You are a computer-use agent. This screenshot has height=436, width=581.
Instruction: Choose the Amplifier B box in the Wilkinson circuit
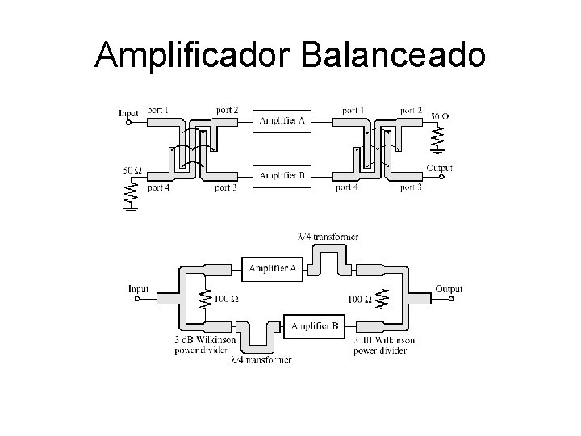coord(314,325)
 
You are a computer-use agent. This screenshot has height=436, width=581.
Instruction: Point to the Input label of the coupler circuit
coord(129,113)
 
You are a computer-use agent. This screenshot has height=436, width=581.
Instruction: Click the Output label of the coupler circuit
coord(439,169)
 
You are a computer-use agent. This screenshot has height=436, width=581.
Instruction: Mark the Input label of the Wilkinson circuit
coord(139,288)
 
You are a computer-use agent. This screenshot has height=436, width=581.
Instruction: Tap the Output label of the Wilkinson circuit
coord(449,288)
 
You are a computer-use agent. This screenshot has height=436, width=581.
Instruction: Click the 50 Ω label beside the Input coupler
coord(132,170)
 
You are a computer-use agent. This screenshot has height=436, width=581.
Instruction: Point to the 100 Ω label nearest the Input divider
coord(226,299)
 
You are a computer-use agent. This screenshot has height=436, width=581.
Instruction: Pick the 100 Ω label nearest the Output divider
coord(359,299)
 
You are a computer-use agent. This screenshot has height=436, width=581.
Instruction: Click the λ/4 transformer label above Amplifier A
coord(328,237)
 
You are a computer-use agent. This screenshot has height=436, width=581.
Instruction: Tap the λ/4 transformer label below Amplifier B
coord(261,359)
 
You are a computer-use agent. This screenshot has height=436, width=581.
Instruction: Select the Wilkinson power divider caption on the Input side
coord(202,346)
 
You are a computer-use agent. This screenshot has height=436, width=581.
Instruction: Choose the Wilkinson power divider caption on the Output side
coord(384,346)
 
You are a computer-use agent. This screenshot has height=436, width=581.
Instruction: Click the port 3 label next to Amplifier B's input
coord(226,188)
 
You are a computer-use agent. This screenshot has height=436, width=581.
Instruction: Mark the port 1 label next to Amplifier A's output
coord(353,110)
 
